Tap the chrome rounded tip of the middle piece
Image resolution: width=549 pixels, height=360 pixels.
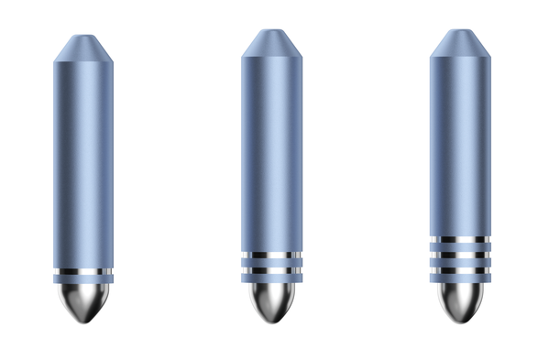click(271, 300)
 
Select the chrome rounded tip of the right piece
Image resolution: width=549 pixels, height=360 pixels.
click(459, 300)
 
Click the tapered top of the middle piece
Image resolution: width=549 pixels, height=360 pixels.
click(271, 42)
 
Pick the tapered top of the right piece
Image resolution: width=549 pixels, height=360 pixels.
click(459, 42)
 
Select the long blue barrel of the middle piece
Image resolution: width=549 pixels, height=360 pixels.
click(271, 151)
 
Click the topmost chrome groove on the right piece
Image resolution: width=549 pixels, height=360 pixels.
click(459, 240)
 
